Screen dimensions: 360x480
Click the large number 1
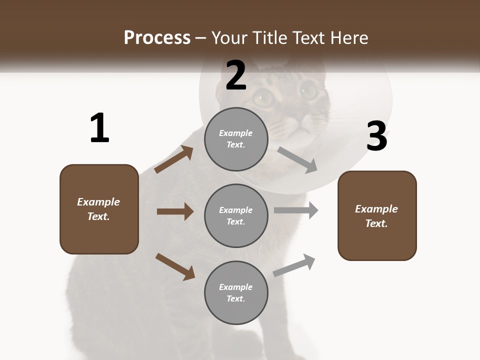point(99,128)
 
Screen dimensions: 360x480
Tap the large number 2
point(236,76)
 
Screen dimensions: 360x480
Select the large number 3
point(377,136)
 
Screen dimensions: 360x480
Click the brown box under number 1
point(99,209)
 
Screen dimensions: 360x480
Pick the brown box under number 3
point(377,216)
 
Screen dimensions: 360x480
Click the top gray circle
point(236,139)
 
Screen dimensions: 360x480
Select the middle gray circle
point(236,216)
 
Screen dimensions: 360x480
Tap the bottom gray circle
point(236,293)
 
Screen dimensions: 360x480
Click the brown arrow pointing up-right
point(174,159)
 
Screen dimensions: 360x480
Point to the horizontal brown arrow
point(175,211)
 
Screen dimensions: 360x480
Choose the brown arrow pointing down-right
point(175,266)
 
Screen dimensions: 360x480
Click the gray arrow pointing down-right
point(297,160)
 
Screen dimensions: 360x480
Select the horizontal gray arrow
point(296,210)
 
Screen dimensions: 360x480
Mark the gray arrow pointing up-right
point(294,265)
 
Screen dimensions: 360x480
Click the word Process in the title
point(157,37)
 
